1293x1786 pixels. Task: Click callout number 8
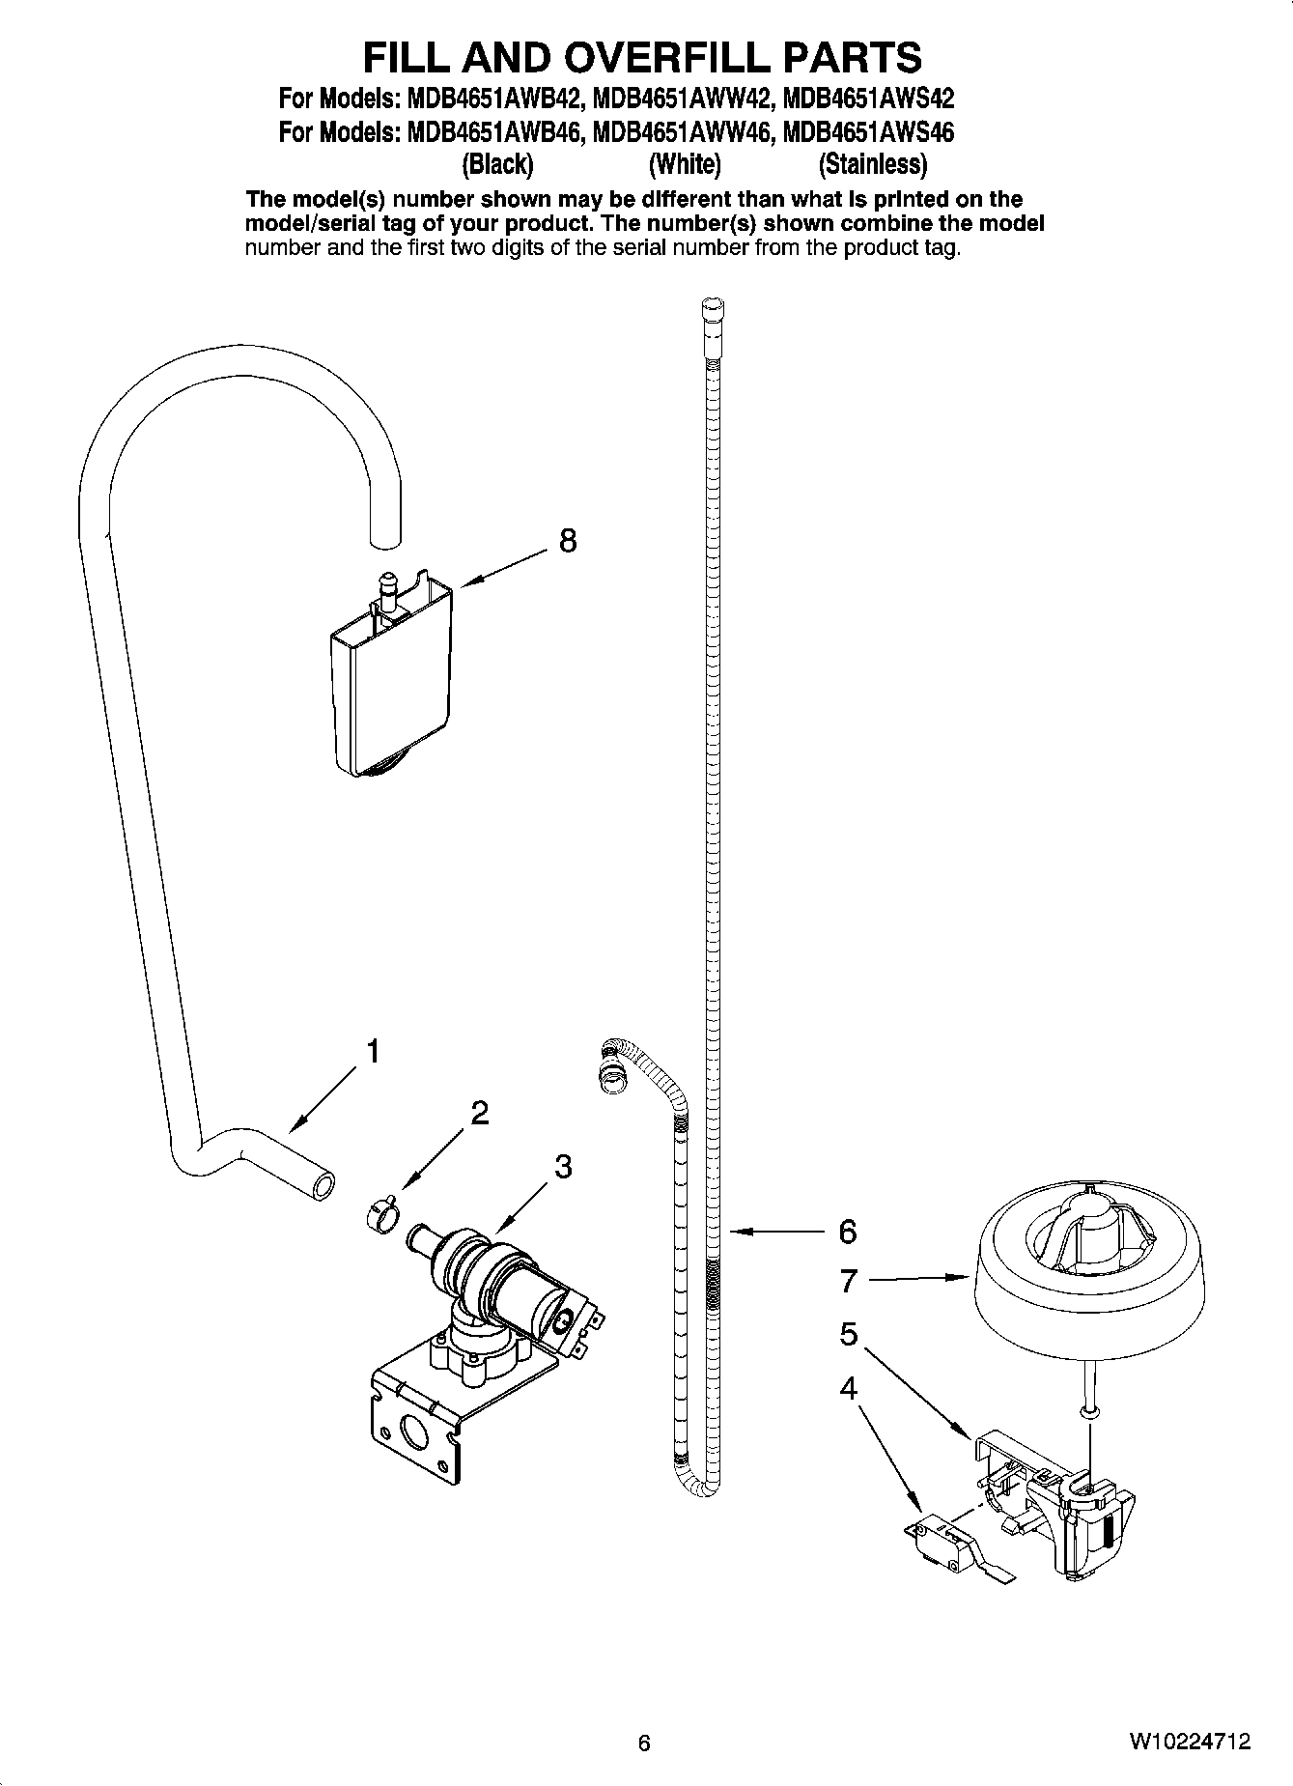coord(568,541)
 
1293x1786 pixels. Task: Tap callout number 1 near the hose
coord(373,1051)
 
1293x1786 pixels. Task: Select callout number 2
coord(479,1114)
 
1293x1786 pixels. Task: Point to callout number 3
coord(563,1167)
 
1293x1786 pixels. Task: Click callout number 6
coord(847,1232)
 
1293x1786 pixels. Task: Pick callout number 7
coord(848,1281)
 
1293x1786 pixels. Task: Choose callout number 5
coord(848,1334)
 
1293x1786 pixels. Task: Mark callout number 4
coord(848,1388)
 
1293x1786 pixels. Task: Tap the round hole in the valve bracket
coord(413,1433)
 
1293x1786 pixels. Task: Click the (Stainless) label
coord(872,164)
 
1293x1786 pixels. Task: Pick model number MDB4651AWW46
coord(683,131)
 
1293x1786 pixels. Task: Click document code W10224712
coord(1190,1742)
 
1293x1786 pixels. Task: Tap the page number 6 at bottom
coord(644,1743)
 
